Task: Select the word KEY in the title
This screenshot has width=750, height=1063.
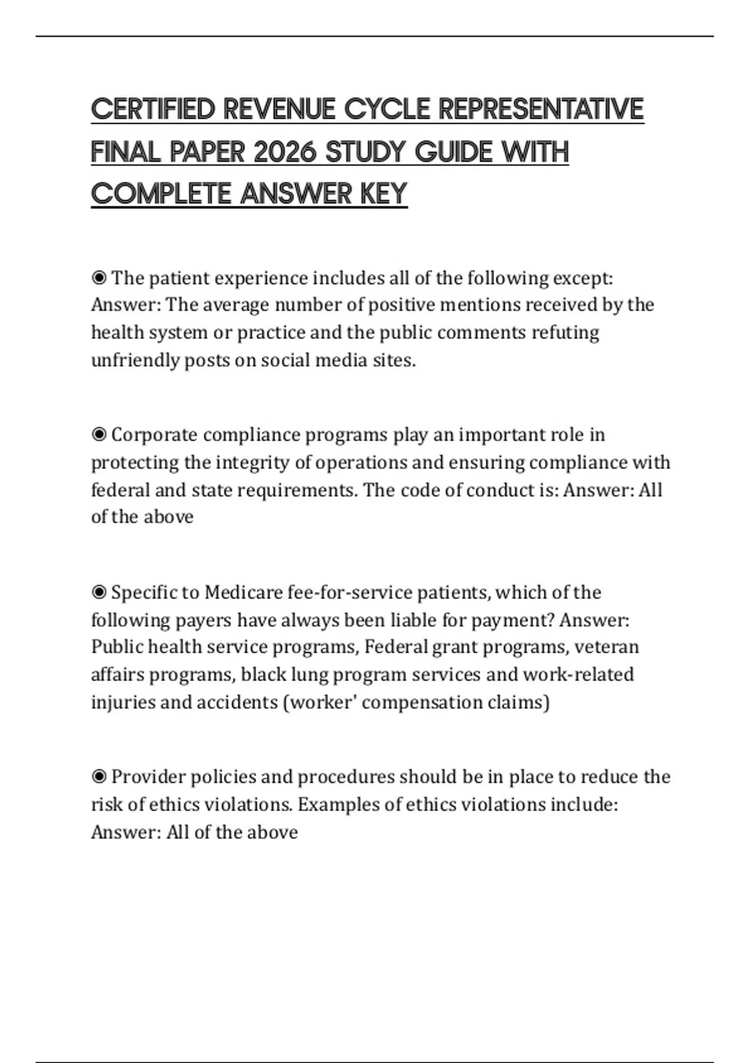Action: coord(383,194)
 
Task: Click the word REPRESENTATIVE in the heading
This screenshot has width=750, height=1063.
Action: coord(541,109)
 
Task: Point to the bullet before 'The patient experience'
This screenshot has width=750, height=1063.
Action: coord(99,277)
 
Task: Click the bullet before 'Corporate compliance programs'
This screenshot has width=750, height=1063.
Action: coord(99,434)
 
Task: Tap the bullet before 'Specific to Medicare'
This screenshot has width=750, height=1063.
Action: coord(99,592)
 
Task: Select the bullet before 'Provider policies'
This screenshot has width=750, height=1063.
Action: coord(99,777)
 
